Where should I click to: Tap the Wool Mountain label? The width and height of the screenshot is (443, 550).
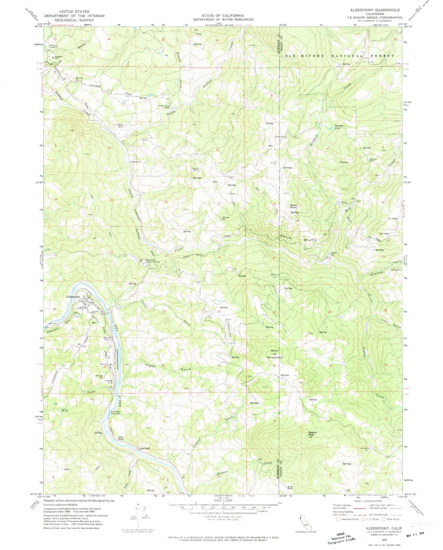(x=277, y=354)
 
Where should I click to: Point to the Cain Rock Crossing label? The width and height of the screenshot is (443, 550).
(x=115, y=413)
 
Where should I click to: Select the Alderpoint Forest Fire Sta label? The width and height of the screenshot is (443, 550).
(x=152, y=260)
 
